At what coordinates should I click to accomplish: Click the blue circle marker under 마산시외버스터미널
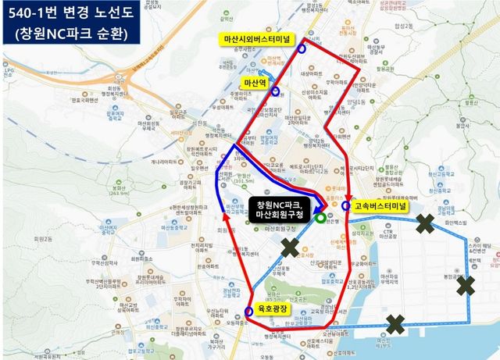click(302, 48)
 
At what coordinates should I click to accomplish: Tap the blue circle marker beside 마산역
click(275, 91)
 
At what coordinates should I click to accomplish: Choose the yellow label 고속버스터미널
click(379, 206)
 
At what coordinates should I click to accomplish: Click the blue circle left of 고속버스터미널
click(346, 206)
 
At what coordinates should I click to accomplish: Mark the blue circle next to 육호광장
click(248, 312)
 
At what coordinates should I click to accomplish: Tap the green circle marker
click(322, 219)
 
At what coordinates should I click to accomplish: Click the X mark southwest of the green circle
click(290, 248)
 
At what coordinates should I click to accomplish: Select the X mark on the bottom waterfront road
click(395, 323)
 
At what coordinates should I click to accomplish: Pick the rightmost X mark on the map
click(466, 285)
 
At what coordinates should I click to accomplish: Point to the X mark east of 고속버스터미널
click(425, 224)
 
